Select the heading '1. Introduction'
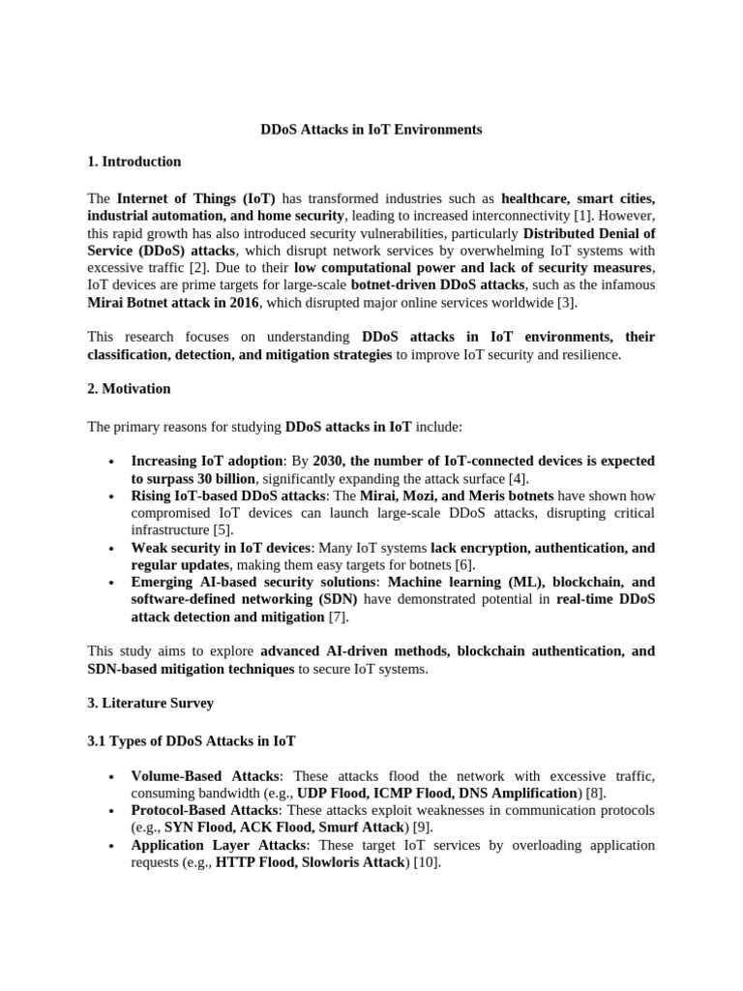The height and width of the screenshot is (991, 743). [x=134, y=162]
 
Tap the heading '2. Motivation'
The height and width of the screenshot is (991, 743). [x=130, y=388]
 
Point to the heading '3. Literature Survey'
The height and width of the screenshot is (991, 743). [x=151, y=703]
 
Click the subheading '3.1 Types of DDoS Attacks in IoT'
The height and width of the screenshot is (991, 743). [x=192, y=740]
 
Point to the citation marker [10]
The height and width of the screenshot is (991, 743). [x=427, y=862]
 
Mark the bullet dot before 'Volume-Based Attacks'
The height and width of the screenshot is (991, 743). [x=113, y=776]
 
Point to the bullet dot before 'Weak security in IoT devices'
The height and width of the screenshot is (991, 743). [x=113, y=548]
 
